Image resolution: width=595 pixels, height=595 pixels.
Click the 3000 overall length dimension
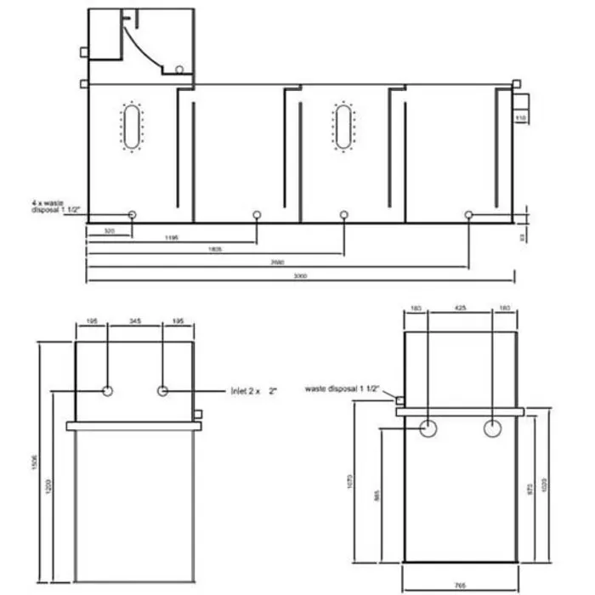click(300, 276)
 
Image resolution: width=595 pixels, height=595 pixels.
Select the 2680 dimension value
click(277, 263)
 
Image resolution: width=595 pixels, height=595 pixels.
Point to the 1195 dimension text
click(171, 238)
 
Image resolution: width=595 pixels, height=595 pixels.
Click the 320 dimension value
click(109, 229)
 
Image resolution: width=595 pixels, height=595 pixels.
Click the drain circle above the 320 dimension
click(132, 215)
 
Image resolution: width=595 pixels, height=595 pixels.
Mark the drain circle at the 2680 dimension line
click(468, 215)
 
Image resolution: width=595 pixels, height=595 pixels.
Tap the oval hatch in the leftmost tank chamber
click(132, 127)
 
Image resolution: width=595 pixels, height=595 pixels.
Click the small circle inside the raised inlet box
click(179, 70)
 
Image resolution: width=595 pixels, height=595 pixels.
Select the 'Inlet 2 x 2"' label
click(254, 391)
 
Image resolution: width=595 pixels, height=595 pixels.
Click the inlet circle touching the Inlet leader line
click(162, 391)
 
